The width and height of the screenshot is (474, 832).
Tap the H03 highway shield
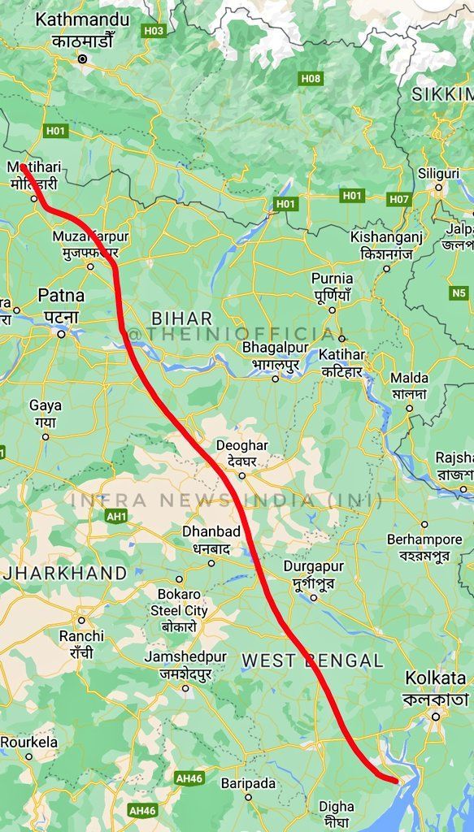point(154,31)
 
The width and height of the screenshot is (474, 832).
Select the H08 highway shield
point(310,79)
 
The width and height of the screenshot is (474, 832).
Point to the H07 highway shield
point(399,198)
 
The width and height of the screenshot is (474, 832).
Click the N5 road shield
point(459,292)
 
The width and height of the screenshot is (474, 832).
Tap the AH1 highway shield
point(116,516)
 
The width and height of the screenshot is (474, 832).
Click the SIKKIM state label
point(441,94)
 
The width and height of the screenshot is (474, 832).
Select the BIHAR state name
point(182,318)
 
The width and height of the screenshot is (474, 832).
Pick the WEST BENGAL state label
point(312,661)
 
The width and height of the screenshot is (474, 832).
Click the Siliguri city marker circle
point(438,188)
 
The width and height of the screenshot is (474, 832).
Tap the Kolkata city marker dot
point(436,716)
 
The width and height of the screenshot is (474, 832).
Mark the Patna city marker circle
point(61,333)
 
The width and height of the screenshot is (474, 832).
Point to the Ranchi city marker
point(81,620)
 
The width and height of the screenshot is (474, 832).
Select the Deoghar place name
point(241,446)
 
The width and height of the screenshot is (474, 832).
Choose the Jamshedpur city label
point(185,656)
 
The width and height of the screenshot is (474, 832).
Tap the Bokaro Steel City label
point(179,602)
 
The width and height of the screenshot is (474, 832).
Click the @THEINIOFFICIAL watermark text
point(232,334)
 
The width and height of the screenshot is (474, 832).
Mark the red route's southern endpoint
point(396,781)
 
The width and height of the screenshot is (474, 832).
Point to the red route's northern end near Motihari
point(24,167)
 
